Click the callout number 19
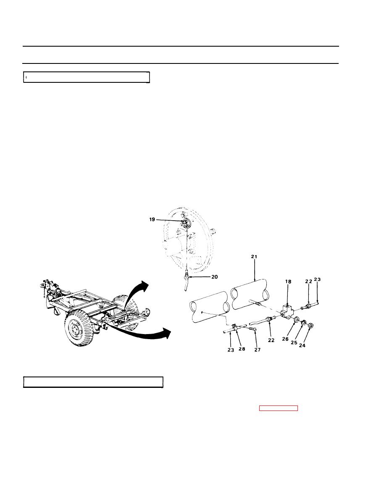coord(152,219)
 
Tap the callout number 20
coord(215,277)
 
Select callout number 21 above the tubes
coord(254,257)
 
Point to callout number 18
coord(288,282)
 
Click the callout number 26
coord(285,339)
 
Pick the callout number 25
coord(294,342)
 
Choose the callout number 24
coord(302,345)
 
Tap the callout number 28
coord(242,349)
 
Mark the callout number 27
coord(258,350)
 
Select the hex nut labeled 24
coord(310,326)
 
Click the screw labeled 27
coord(253,329)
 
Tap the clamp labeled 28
coord(234,327)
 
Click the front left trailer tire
coord(79,328)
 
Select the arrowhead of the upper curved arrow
coord(144,285)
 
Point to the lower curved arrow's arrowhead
coord(166,333)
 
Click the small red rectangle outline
coord(279,408)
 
